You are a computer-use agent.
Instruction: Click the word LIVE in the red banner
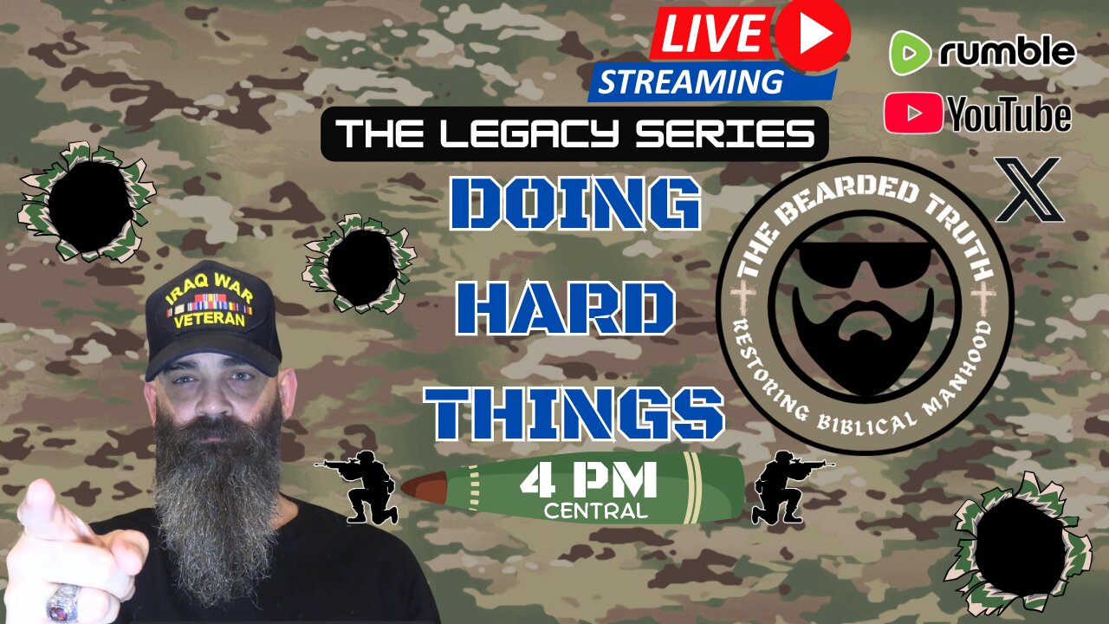tap(711, 33)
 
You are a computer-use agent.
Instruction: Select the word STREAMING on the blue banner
tap(691, 81)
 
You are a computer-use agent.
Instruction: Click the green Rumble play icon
tap(910, 53)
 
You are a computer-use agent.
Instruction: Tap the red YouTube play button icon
tap(913, 113)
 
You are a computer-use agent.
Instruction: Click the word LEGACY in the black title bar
tap(529, 133)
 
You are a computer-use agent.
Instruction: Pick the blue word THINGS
tap(574, 413)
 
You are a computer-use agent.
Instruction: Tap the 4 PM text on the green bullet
tap(588, 480)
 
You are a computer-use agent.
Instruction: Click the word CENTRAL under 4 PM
tap(595, 510)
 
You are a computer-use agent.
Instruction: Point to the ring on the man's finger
tap(63, 602)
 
